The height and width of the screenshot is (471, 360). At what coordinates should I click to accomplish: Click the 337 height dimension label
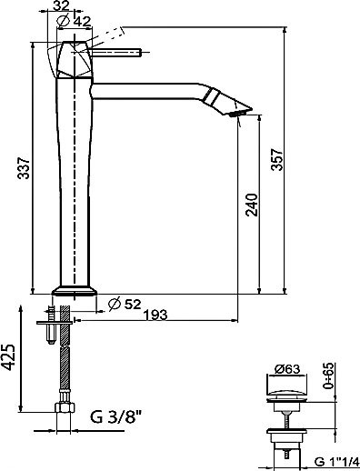pyautogui.click(x=24, y=168)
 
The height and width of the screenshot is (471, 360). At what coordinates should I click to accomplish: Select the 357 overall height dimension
pyautogui.click(x=276, y=160)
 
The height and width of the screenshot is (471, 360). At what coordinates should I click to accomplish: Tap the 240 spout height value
pyautogui.click(x=252, y=205)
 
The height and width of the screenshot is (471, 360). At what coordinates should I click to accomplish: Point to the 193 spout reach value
pyautogui.click(x=155, y=315)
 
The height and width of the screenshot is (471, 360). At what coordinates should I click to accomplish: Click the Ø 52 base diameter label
pyautogui.click(x=125, y=304)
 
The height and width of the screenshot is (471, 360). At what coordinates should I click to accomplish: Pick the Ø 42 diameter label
pyautogui.click(x=74, y=21)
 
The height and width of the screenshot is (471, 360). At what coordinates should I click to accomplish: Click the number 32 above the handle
pyautogui.click(x=61, y=5)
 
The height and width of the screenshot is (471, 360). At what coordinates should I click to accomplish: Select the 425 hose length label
pyautogui.click(x=8, y=357)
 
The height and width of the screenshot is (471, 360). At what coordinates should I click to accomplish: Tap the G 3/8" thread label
pyautogui.click(x=116, y=416)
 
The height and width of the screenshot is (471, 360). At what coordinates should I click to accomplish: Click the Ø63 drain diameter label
pyautogui.click(x=287, y=369)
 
